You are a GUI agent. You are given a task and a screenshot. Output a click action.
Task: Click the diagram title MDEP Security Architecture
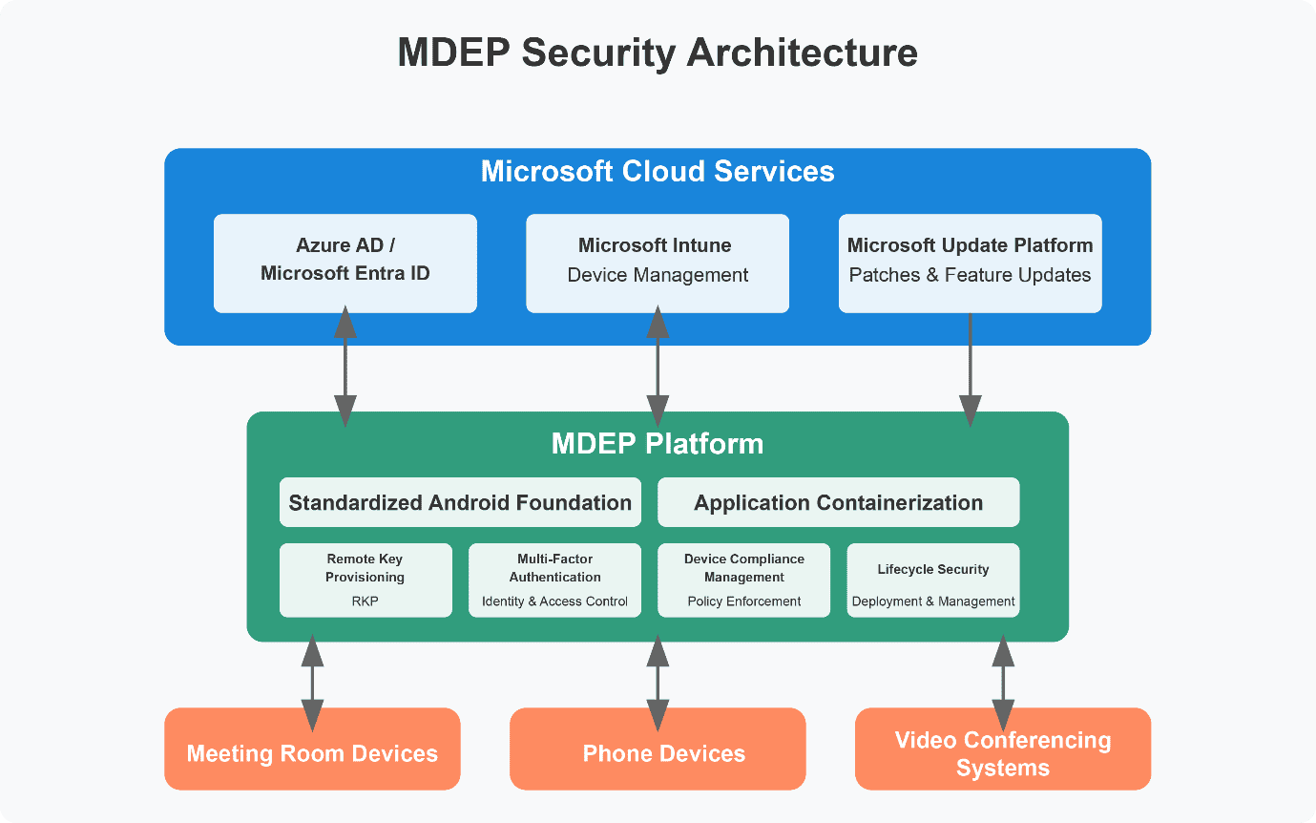(658, 53)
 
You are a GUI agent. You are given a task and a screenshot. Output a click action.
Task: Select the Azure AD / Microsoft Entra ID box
(345, 264)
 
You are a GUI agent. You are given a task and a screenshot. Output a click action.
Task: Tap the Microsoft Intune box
(658, 264)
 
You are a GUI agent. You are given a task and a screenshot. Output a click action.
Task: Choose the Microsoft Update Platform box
(970, 264)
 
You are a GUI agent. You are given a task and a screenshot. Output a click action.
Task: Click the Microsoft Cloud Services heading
(658, 171)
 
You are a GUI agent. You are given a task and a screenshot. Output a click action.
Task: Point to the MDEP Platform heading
(658, 444)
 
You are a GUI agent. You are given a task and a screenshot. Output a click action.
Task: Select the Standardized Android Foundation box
(460, 502)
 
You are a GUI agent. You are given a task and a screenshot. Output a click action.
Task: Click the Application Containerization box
(838, 502)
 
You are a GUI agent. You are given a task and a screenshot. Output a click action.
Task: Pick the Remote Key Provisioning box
(366, 580)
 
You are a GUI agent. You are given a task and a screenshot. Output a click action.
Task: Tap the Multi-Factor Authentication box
(554, 580)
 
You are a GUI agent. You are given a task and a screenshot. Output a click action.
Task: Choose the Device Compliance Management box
(743, 580)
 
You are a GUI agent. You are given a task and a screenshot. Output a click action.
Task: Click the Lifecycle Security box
(933, 580)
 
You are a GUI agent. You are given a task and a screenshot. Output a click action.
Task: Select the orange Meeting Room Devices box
(312, 749)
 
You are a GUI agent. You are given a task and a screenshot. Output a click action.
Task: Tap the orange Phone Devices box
(658, 749)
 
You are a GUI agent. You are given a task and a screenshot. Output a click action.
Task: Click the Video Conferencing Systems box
(1003, 749)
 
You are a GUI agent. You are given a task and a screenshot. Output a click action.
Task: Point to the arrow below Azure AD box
(345, 367)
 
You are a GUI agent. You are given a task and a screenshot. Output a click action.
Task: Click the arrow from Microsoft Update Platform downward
(970, 369)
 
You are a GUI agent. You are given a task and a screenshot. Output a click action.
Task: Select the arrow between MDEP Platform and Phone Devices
(658, 683)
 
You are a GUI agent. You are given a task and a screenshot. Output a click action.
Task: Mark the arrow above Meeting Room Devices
(312, 683)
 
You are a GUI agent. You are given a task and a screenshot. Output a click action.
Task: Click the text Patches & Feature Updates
(970, 275)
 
